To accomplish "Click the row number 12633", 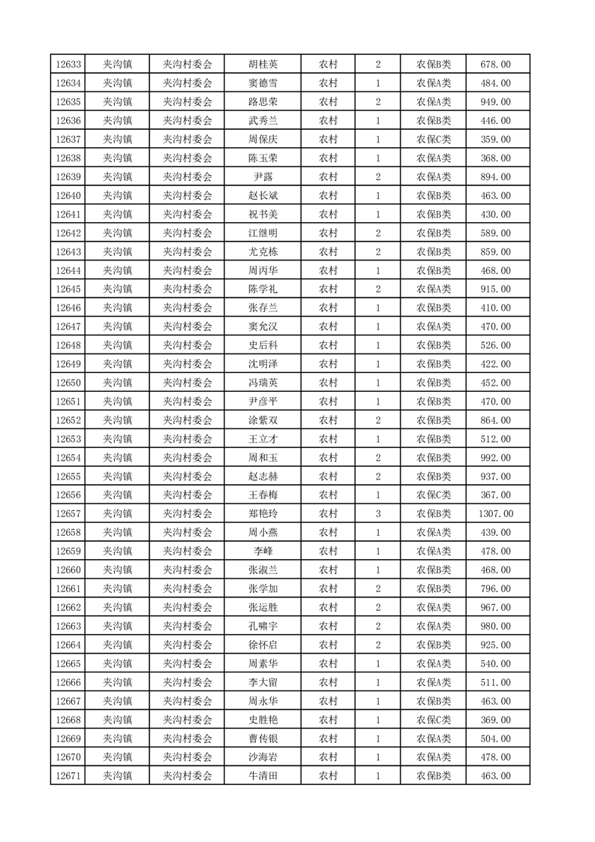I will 68,65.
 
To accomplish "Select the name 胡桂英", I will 263,65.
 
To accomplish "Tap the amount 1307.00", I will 495,514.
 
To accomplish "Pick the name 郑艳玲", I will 263,514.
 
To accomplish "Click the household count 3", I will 377,514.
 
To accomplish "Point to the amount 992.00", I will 495,458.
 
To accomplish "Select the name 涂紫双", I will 263,420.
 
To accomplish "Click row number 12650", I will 68,383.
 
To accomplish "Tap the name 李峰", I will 263,552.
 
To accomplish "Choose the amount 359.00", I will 495,140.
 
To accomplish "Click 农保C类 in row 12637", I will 434,140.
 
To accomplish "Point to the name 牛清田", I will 263,776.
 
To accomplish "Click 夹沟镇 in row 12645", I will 117,289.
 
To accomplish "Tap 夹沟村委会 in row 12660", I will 188,570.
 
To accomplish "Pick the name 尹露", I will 263,177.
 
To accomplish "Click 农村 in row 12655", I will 328,477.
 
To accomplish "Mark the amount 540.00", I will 495,663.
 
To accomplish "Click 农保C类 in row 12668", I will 434,720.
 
